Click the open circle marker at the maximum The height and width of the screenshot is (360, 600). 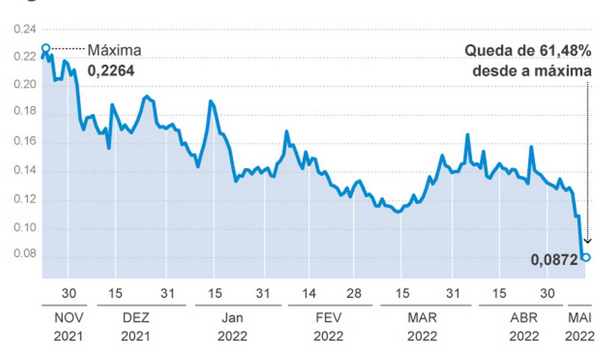pos(46,48)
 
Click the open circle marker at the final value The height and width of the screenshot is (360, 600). pos(586,257)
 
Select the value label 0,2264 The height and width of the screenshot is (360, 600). pos(111,70)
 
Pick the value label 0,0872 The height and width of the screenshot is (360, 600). pos(555,260)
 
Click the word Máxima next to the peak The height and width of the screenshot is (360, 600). pos(114,50)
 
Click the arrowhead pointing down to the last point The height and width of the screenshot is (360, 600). pos(588,241)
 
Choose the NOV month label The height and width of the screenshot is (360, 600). pos(69,318)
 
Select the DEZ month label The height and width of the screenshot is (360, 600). pos(135,318)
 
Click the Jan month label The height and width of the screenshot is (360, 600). pos(233,318)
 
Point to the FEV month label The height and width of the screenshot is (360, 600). pos(329,318)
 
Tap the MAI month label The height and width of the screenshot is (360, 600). pos(580,318)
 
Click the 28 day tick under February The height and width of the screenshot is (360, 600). pos(354,293)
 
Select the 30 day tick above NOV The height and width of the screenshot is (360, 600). pos(69,293)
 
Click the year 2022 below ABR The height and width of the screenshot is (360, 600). pos(524,336)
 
